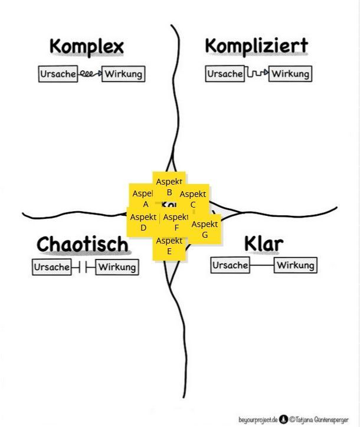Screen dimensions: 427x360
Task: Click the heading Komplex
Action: coord(86,47)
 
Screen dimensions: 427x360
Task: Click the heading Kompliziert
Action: coord(256,46)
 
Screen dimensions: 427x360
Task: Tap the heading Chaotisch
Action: coord(82,244)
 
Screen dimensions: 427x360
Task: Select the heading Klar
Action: coord(264,243)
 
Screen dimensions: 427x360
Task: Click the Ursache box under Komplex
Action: coord(58,74)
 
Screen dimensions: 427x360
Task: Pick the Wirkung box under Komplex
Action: coord(123,74)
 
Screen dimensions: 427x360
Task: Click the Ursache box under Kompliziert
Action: coord(225,74)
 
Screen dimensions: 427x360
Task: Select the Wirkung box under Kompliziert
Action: coord(290,74)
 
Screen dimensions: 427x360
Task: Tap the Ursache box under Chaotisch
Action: coord(51,267)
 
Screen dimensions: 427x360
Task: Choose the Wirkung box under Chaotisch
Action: coord(117,267)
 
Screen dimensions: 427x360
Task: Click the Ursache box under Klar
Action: coord(230,265)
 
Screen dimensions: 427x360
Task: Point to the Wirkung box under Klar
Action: coord(296,265)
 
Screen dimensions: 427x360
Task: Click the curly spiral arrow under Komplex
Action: coord(90,74)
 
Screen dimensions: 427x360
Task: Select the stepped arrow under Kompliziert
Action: coord(257,74)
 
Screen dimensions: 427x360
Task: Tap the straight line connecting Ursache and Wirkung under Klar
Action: coord(262,265)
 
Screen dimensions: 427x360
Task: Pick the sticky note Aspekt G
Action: coord(205,230)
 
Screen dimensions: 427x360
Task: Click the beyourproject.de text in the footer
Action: coord(258,419)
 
